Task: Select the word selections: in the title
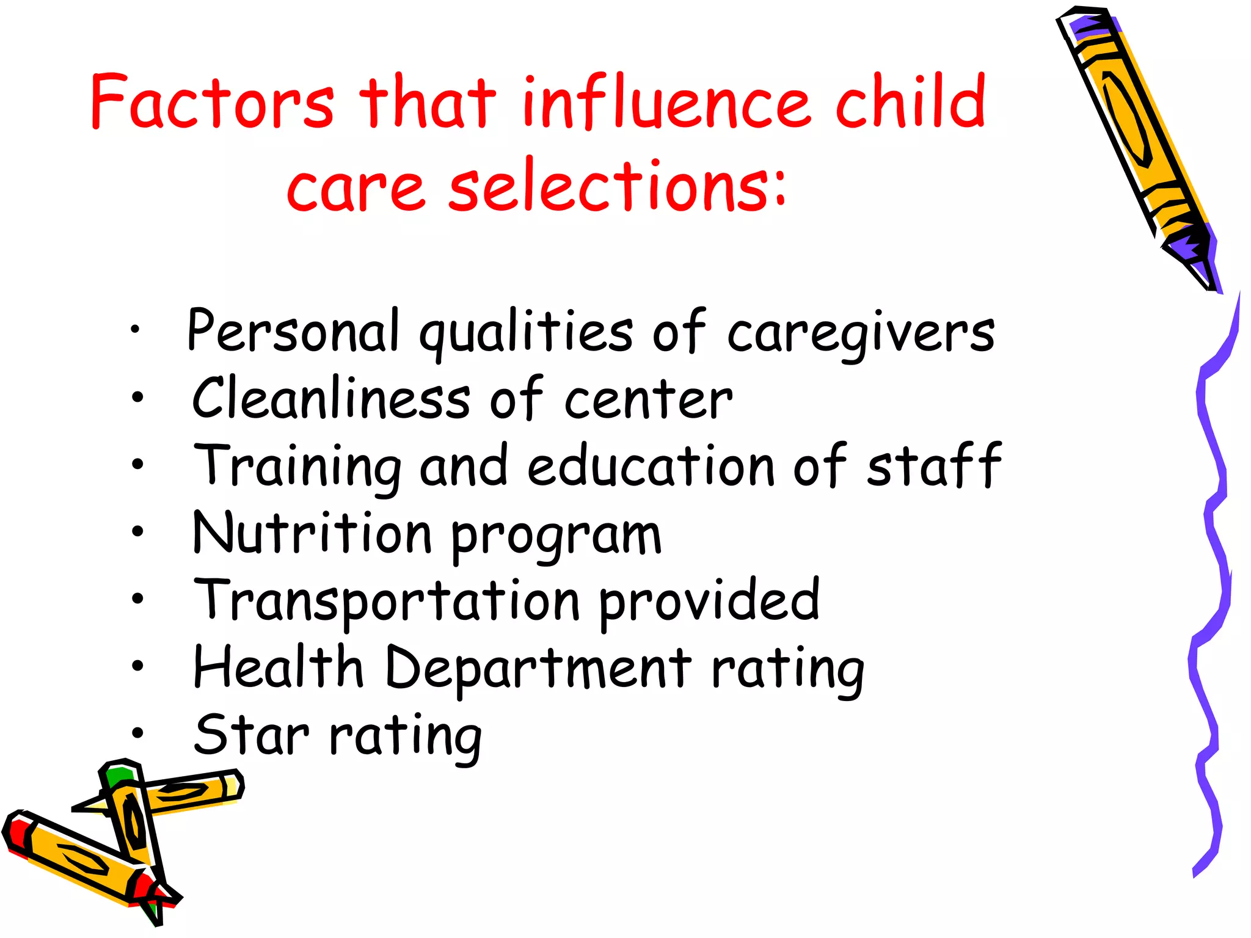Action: pos(617,184)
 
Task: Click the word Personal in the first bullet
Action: pos(293,331)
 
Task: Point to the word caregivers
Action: pos(861,333)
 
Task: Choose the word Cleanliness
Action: pos(330,398)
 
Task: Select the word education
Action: pos(651,465)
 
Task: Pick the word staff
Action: pos(934,465)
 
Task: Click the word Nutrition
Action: pos(312,533)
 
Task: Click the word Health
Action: pos(279,667)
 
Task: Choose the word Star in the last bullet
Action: pos(251,734)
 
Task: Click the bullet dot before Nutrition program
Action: pos(137,531)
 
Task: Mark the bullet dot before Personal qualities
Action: pos(135,330)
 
